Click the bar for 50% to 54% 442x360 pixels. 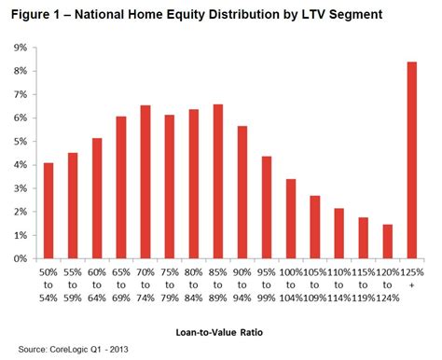[48, 211]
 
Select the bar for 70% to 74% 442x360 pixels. [145, 182]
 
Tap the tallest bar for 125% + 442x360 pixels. [411, 160]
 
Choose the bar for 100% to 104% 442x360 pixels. [290, 219]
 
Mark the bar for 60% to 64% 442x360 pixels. [96, 199]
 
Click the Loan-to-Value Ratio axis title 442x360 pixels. [221, 331]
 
